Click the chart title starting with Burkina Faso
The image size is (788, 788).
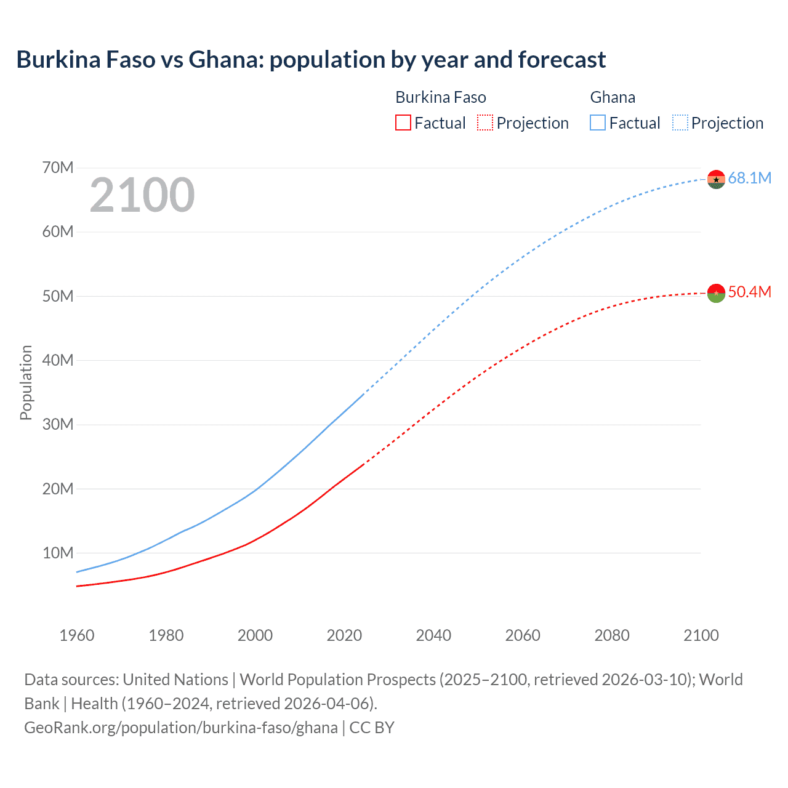pos(311,60)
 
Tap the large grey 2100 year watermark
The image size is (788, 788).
pos(142,195)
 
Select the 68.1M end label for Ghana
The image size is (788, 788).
pos(749,179)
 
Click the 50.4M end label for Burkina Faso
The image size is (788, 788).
pos(749,292)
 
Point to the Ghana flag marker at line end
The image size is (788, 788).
pos(716,179)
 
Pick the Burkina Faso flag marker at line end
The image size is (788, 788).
pos(716,293)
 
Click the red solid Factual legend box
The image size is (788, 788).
pos(403,123)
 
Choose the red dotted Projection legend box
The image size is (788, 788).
pos(485,123)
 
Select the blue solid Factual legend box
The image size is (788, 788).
pos(598,123)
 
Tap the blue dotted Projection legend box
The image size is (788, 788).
pos(680,123)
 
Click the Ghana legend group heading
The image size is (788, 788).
pos(613,97)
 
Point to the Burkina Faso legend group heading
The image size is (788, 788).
pos(441,97)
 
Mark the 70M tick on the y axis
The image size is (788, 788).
pos(58,167)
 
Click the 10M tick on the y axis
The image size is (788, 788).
pos(58,553)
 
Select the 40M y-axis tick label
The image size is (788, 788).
pos(58,360)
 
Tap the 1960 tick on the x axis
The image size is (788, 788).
pos(77,635)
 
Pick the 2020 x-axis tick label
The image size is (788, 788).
pos(344,635)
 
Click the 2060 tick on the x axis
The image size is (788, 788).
pos(523,635)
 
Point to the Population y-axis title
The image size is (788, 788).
pos(26,382)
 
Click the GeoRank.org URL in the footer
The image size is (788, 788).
pos(181,728)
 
